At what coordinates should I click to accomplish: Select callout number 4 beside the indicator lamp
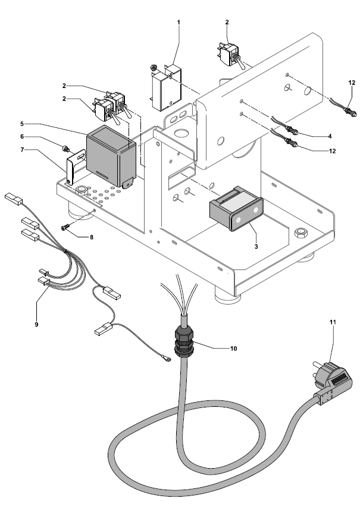(330, 136)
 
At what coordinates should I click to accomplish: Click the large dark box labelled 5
(112, 155)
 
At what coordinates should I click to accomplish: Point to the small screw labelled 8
(65, 227)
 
